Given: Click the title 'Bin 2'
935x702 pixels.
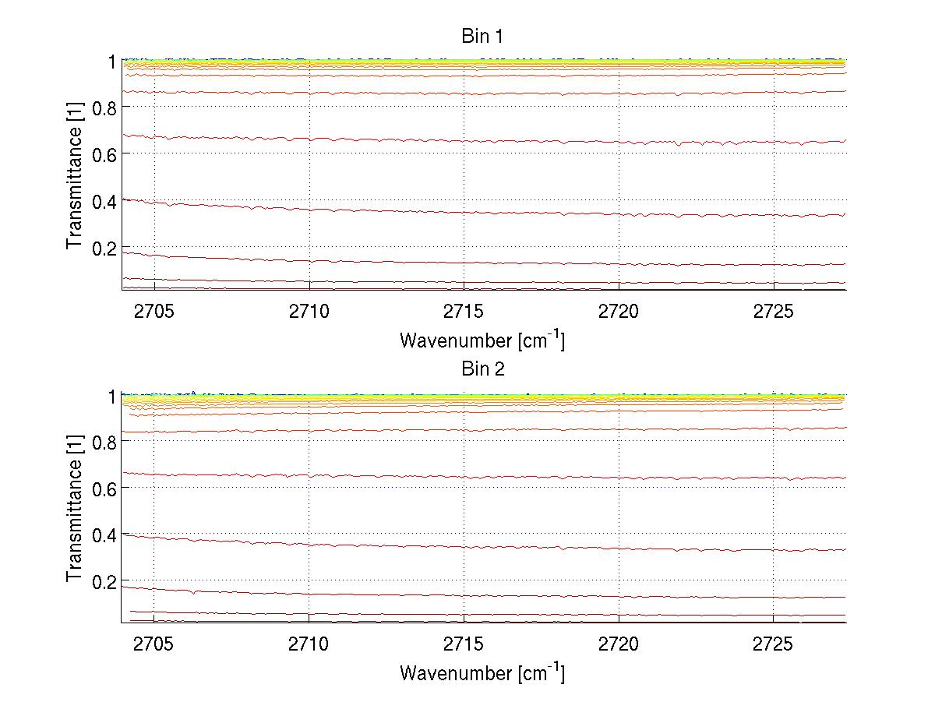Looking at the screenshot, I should pyautogui.click(x=483, y=369).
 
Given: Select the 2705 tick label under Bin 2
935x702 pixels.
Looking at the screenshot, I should pyautogui.click(x=154, y=646).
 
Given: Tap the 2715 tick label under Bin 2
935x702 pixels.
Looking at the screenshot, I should pyautogui.click(x=464, y=646).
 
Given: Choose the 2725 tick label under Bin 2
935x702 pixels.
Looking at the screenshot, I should pyautogui.click(x=773, y=646).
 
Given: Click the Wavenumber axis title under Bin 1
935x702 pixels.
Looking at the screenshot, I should pyautogui.click(x=482, y=340).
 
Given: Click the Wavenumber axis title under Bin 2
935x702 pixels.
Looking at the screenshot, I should pyautogui.click(x=482, y=672).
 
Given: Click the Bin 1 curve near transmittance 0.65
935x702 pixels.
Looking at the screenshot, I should pyautogui.click(x=467, y=141).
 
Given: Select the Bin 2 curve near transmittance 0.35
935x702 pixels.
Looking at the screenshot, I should pyautogui.click(x=467, y=547).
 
